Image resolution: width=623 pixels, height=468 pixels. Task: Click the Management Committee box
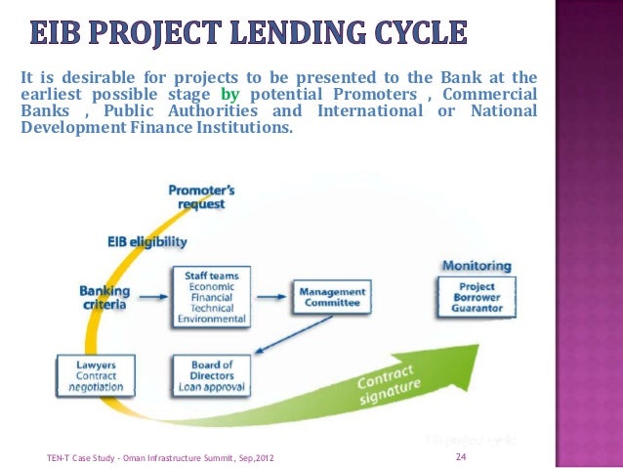coord(332,297)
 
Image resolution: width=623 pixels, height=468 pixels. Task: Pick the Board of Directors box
coord(212,375)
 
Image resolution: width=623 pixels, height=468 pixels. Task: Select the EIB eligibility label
coord(147,240)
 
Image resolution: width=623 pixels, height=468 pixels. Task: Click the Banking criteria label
coord(105,297)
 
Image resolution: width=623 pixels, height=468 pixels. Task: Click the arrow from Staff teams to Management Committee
coord(270,294)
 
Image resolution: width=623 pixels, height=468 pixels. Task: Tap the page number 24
coord(462,456)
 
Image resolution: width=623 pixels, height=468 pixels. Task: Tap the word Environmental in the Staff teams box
coord(211,318)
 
